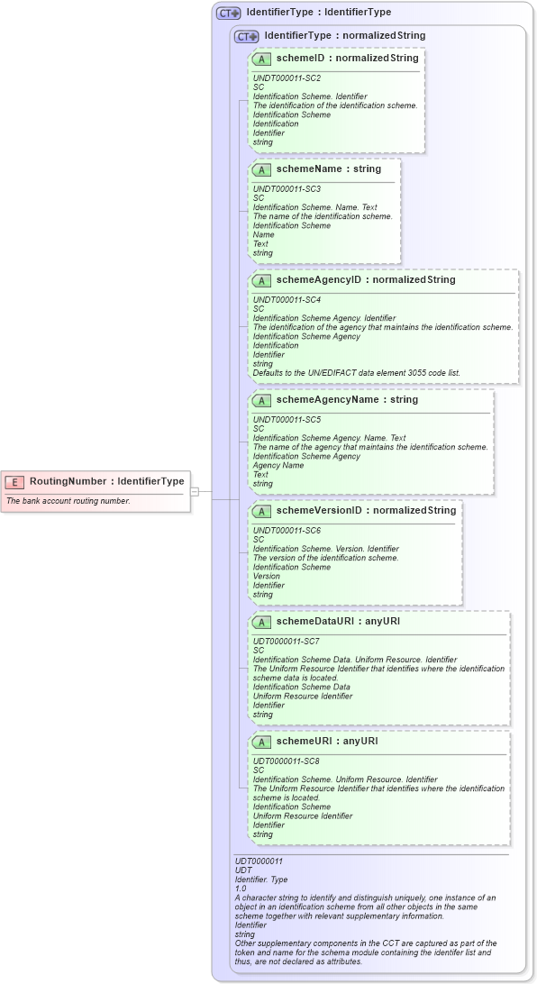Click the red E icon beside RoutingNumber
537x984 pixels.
[x=14, y=481]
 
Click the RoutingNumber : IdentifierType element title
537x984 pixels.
[x=106, y=481]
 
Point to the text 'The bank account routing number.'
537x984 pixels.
[x=68, y=501]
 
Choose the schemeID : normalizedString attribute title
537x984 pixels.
[x=347, y=59]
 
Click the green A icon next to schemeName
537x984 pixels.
[x=261, y=169]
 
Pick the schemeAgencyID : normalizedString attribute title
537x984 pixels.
[x=366, y=280]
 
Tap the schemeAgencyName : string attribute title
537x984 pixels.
[x=347, y=400]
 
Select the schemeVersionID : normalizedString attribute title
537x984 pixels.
[x=366, y=511]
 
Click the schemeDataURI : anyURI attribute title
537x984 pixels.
[x=338, y=622]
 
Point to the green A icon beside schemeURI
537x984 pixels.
[x=261, y=742]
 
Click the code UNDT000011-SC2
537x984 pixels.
[x=287, y=78]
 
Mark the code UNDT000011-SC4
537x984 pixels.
[x=287, y=300]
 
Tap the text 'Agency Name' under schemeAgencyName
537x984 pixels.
[x=278, y=466]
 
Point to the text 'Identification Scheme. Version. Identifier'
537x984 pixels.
[x=325, y=549]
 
